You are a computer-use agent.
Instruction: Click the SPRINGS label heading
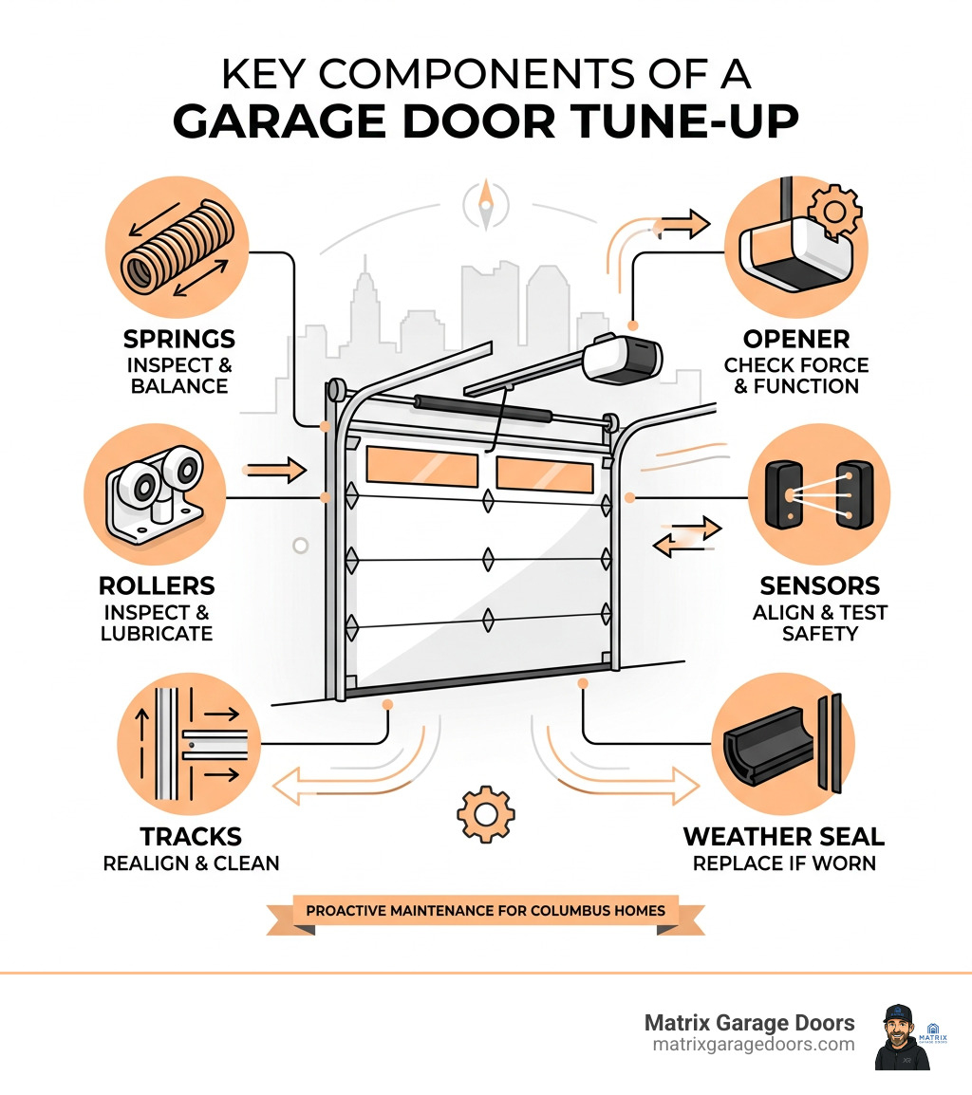coord(179,339)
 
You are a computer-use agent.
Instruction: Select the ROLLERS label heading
coord(157,585)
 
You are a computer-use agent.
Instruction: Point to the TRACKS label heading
coord(191,836)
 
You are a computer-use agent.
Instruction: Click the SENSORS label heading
coord(819,585)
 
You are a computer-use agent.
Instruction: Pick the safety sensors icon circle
coord(819,493)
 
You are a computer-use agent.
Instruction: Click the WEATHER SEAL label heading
coord(783,836)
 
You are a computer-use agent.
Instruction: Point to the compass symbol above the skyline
coord(486,202)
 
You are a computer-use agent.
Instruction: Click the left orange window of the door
coord(421,466)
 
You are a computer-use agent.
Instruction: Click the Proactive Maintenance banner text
coord(485,910)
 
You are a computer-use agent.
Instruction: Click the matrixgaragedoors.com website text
coord(754,1044)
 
